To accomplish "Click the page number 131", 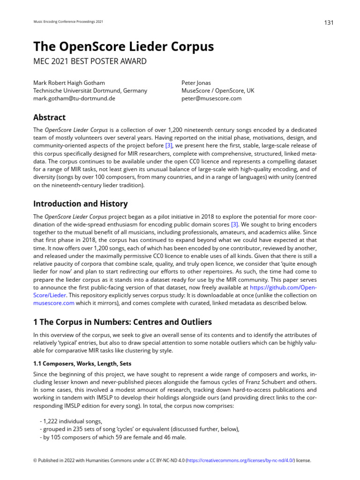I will click(x=329, y=23).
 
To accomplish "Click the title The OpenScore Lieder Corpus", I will click(x=123, y=47).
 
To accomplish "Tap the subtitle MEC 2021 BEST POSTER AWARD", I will click(x=90, y=61).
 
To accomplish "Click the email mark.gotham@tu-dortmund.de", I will click(x=74, y=98).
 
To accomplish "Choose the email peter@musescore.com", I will click(x=211, y=98).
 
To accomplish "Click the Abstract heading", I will click(x=49, y=117).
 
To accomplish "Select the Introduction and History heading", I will click(x=80, y=204).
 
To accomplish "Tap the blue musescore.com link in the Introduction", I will click(x=54, y=303).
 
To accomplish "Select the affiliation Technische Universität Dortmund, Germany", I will click(x=90, y=90).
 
